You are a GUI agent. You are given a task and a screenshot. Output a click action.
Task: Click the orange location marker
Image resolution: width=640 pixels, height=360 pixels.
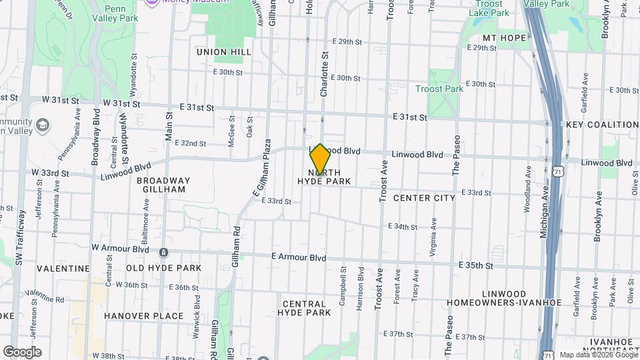click(x=320, y=160)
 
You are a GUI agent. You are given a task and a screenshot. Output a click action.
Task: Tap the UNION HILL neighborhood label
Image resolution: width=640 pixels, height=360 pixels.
click(x=224, y=51)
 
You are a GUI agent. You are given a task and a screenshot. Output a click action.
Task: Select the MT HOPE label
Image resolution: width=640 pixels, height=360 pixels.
click(x=504, y=38)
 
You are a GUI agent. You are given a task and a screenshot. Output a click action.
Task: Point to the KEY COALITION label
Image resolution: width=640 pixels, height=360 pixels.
click(x=602, y=125)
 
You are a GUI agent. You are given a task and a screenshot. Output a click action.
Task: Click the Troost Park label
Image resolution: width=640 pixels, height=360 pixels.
click(x=439, y=89)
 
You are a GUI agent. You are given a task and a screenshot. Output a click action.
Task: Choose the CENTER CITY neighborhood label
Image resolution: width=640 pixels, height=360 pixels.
click(x=424, y=198)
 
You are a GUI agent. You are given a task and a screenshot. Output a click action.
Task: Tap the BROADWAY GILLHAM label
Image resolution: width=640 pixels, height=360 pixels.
click(x=163, y=185)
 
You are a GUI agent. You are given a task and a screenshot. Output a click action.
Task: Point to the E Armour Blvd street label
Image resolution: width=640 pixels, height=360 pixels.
click(x=299, y=257)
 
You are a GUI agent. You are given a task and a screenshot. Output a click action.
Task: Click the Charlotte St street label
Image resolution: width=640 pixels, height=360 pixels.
click(x=325, y=76)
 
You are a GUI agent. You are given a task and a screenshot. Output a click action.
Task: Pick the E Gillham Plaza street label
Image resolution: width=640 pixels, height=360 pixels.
click(x=262, y=167)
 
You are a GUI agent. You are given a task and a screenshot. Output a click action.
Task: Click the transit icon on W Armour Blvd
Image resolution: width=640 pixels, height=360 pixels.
click(x=163, y=253)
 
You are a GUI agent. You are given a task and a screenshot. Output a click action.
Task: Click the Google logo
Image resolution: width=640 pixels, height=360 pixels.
click(x=22, y=352)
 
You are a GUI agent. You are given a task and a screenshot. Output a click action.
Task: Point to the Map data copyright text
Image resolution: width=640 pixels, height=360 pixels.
click(x=598, y=355)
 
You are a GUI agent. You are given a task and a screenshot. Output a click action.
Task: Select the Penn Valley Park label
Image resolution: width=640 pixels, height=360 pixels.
click(x=121, y=14)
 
